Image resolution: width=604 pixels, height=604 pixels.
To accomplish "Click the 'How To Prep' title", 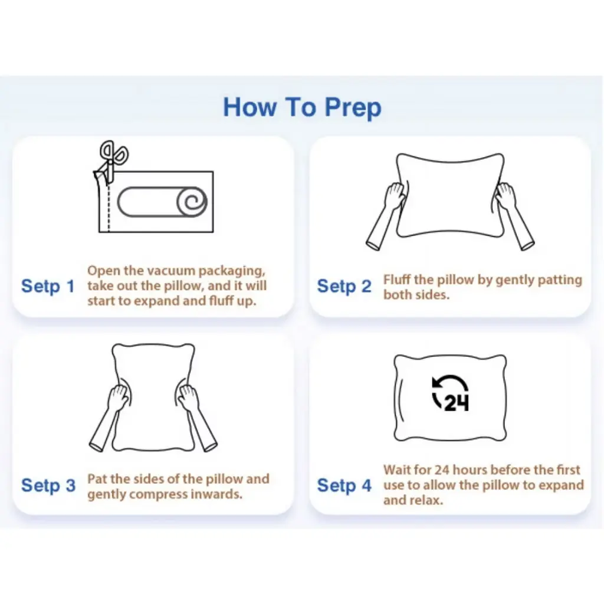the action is click(303, 107).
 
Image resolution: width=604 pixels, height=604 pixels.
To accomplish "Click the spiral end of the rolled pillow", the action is click(192, 202).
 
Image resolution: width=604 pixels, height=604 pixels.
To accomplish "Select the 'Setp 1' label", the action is click(48, 286).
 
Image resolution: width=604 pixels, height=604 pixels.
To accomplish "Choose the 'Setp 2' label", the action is click(344, 286).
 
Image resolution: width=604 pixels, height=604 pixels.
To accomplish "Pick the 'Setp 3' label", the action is click(48, 485).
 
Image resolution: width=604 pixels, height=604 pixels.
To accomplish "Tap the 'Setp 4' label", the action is click(344, 485).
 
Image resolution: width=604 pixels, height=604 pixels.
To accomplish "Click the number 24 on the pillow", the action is click(457, 403).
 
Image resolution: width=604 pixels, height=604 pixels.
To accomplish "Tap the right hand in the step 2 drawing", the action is click(505, 196).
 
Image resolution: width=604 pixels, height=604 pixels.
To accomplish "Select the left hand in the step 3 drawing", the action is click(117, 398).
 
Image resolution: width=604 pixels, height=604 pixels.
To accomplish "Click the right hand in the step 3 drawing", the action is click(189, 398).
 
